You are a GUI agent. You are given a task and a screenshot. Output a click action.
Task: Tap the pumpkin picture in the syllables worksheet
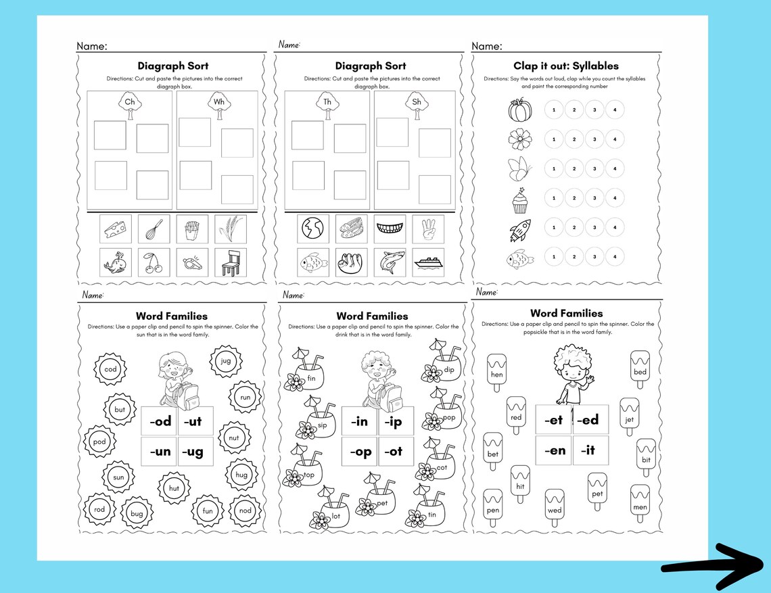[519, 110]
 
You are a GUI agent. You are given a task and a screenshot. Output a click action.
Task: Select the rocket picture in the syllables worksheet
[519, 230]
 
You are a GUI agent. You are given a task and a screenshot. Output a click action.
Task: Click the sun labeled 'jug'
[225, 361]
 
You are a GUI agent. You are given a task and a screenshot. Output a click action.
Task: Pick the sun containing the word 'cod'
[111, 369]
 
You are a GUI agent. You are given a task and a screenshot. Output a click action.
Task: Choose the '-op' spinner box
[360, 452]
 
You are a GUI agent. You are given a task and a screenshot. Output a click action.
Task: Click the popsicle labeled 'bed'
[640, 369]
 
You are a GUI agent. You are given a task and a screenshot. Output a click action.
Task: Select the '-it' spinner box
[590, 450]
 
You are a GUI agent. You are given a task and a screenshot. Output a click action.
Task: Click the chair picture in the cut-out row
[231, 261]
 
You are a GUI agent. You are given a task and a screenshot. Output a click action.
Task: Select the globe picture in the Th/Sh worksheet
[313, 229]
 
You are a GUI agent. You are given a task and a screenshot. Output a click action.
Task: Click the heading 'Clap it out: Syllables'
[566, 66]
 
